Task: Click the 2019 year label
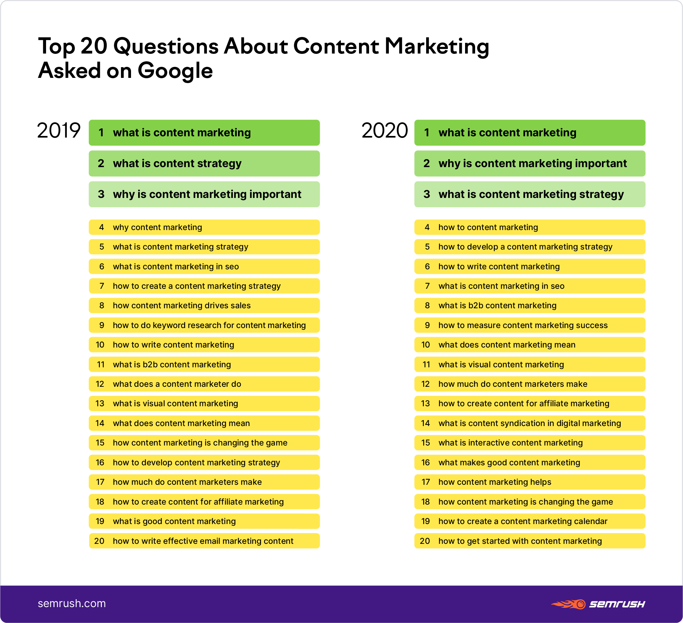pyautogui.click(x=59, y=130)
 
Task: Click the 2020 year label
pyautogui.click(x=385, y=130)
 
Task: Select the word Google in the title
pyautogui.click(x=175, y=71)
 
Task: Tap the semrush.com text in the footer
pyautogui.click(x=72, y=603)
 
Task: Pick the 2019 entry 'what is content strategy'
pyautogui.click(x=177, y=164)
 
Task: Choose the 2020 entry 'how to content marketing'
pyautogui.click(x=488, y=227)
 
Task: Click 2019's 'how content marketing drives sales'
pyautogui.click(x=182, y=305)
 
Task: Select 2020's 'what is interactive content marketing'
pyautogui.click(x=510, y=443)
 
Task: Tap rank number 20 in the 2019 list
pyautogui.click(x=99, y=541)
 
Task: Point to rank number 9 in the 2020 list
pyautogui.click(x=427, y=325)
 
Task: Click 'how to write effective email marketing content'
pyautogui.click(x=203, y=541)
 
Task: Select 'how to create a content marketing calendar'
pyautogui.click(x=523, y=521)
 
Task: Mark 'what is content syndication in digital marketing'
pyautogui.click(x=530, y=423)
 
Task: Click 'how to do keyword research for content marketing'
pyautogui.click(x=209, y=325)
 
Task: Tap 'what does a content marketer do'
pyautogui.click(x=177, y=384)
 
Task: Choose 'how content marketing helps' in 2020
pyautogui.click(x=495, y=482)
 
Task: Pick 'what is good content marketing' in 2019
pyautogui.click(x=174, y=521)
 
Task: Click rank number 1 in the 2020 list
pyautogui.click(x=426, y=132)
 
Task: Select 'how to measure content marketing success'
pyautogui.click(x=523, y=325)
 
